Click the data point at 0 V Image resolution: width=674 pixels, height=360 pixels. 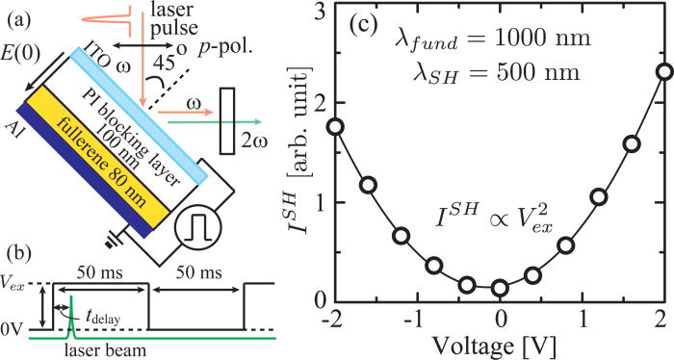coord(500,288)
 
